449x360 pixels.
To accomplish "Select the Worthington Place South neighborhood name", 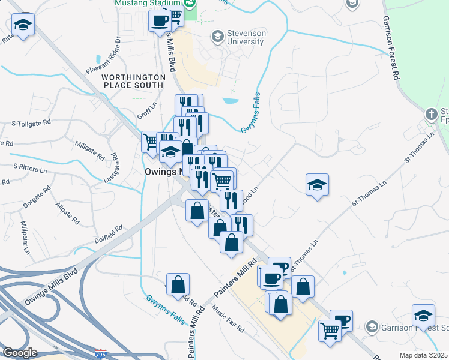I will click(x=133, y=82).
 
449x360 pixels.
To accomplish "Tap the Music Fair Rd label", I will click(x=229, y=320).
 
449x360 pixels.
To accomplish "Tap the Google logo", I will click(x=20, y=353).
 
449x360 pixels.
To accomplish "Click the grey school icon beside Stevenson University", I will click(x=217, y=37).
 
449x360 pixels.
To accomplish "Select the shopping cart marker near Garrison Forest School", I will click(x=330, y=329).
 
